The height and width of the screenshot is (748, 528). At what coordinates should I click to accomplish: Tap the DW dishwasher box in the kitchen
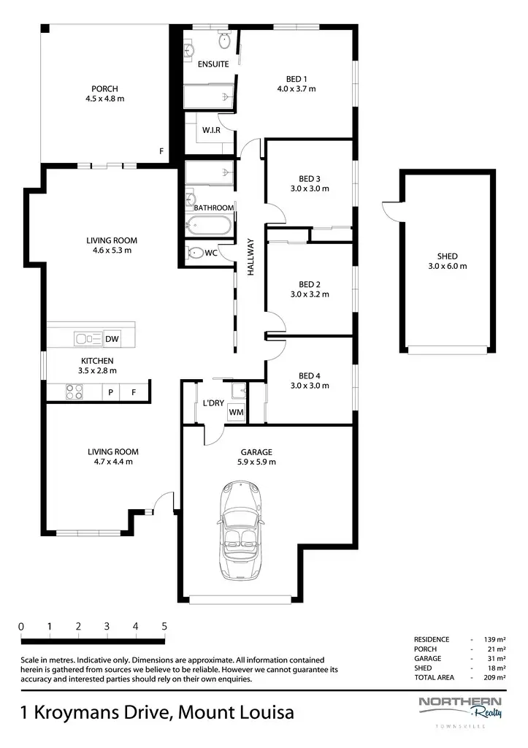tap(112, 339)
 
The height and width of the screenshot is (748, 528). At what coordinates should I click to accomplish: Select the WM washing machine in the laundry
tap(236, 413)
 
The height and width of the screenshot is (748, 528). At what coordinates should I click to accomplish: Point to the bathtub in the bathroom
tap(210, 225)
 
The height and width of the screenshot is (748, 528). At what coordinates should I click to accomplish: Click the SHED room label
tap(447, 256)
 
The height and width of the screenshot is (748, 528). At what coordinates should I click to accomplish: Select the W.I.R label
tap(213, 130)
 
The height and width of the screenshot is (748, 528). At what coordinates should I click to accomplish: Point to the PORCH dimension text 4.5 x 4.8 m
tap(105, 99)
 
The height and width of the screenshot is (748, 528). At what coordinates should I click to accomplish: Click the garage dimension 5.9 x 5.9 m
tap(255, 462)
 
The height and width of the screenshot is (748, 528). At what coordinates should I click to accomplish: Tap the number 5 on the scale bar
tap(164, 626)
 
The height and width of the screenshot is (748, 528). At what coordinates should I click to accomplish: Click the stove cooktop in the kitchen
tap(74, 393)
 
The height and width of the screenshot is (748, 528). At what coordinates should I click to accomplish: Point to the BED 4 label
tap(310, 376)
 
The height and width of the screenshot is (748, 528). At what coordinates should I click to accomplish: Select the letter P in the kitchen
tap(111, 393)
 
